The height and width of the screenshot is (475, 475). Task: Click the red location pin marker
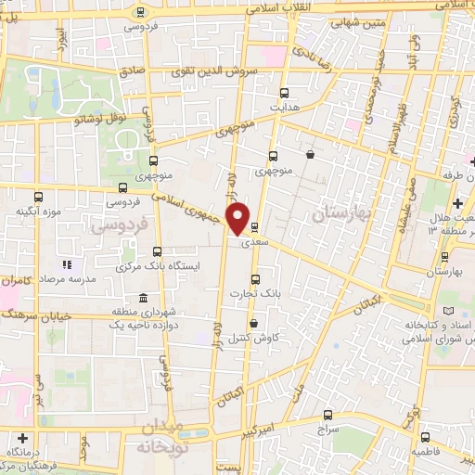pos(239,217)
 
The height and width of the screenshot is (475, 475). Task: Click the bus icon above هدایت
pos(284,92)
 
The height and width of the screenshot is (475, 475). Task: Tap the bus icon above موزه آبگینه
pos(38,197)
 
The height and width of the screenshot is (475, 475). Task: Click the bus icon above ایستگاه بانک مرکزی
pos(157,251)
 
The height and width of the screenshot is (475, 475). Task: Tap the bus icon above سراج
pos(326,415)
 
